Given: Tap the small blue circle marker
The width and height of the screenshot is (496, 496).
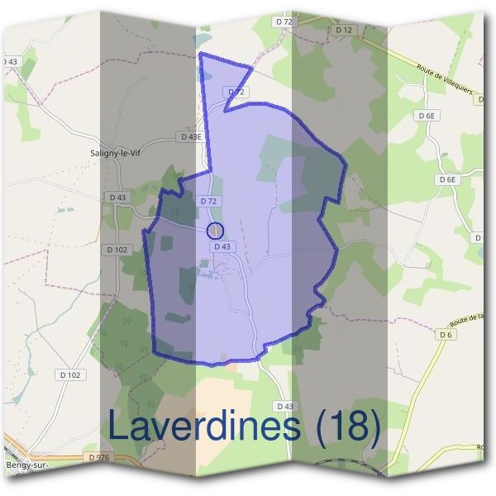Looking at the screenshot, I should [215, 230].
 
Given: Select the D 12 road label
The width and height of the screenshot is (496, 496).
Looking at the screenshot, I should [344, 30].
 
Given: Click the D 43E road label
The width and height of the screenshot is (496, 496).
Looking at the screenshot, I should [190, 136].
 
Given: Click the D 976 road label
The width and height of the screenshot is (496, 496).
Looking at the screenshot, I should [97, 457].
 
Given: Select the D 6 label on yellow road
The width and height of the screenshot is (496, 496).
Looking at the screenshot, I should [446, 335].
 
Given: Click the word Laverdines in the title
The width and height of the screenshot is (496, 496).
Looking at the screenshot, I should [204, 427].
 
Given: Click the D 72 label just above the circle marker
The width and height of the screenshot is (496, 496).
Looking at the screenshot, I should [208, 201].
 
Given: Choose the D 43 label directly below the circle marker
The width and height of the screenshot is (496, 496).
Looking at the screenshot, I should [222, 246].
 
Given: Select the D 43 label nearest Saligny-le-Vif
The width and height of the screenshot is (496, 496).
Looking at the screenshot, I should [117, 198].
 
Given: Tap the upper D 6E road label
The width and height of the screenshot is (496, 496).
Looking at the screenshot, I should [427, 117].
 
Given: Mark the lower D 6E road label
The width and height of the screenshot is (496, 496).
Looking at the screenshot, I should [447, 179].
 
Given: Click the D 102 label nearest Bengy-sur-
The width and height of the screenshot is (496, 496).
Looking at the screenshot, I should [70, 374].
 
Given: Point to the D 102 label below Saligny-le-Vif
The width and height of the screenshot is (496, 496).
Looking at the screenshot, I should [117, 249].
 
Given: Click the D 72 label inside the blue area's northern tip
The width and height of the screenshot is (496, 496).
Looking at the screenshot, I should [236, 91].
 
